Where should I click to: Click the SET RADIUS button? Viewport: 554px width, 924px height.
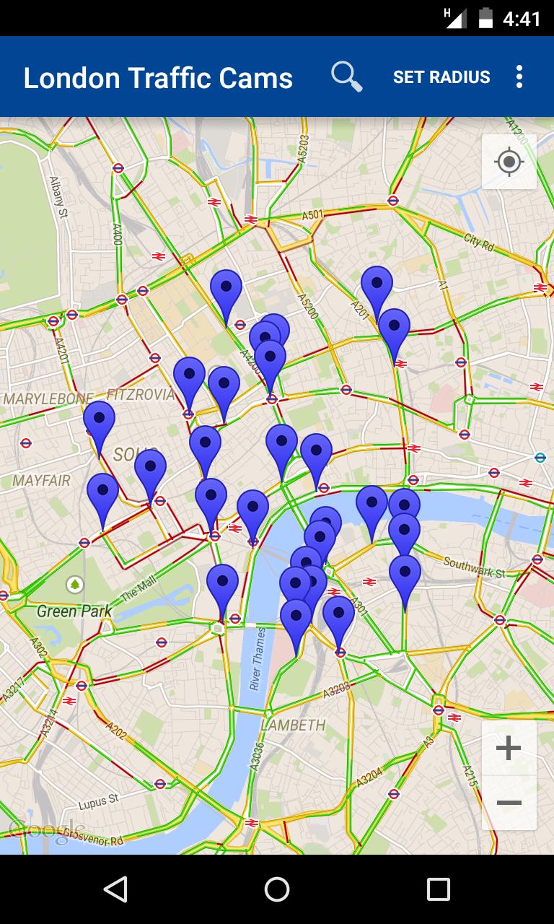[x=441, y=77]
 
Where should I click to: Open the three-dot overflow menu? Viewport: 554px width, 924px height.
[x=519, y=77]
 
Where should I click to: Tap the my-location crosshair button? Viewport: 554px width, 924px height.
[x=509, y=162]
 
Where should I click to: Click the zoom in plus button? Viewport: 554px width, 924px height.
[x=509, y=748]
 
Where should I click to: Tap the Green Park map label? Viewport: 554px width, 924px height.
[x=74, y=611]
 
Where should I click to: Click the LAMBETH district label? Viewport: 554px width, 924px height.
[x=294, y=725]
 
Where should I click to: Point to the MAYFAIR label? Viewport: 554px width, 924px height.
[x=41, y=481]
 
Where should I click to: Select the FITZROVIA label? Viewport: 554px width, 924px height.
[x=141, y=394]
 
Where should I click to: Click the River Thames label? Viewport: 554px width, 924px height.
[x=258, y=659]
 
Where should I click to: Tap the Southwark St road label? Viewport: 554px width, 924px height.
[x=475, y=567]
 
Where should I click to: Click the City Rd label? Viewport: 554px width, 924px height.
[x=479, y=242]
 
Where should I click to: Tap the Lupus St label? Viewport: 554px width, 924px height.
[x=98, y=802]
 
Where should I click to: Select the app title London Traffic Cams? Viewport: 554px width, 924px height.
[x=158, y=77]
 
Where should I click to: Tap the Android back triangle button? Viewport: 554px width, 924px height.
[x=115, y=889]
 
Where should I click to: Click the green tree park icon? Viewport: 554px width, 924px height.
[x=75, y=584]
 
